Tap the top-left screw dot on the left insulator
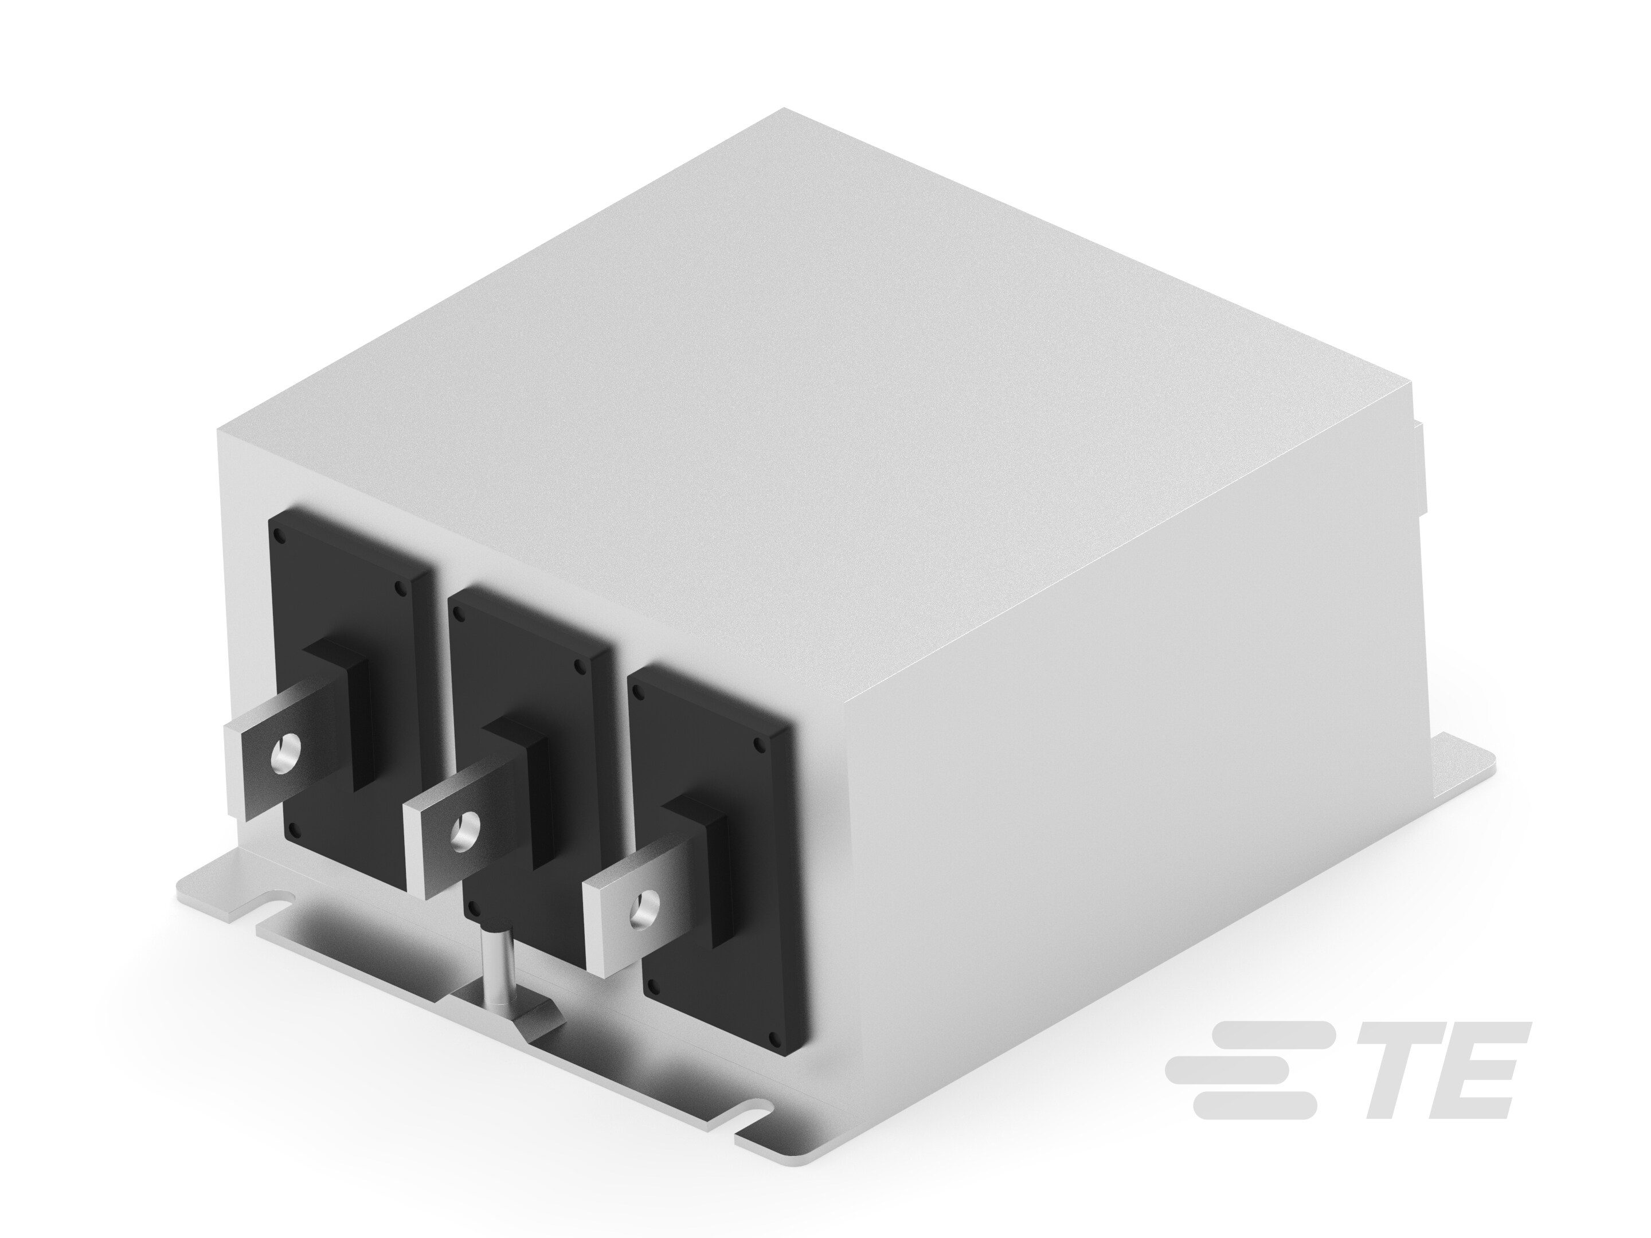tap(279, 535)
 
